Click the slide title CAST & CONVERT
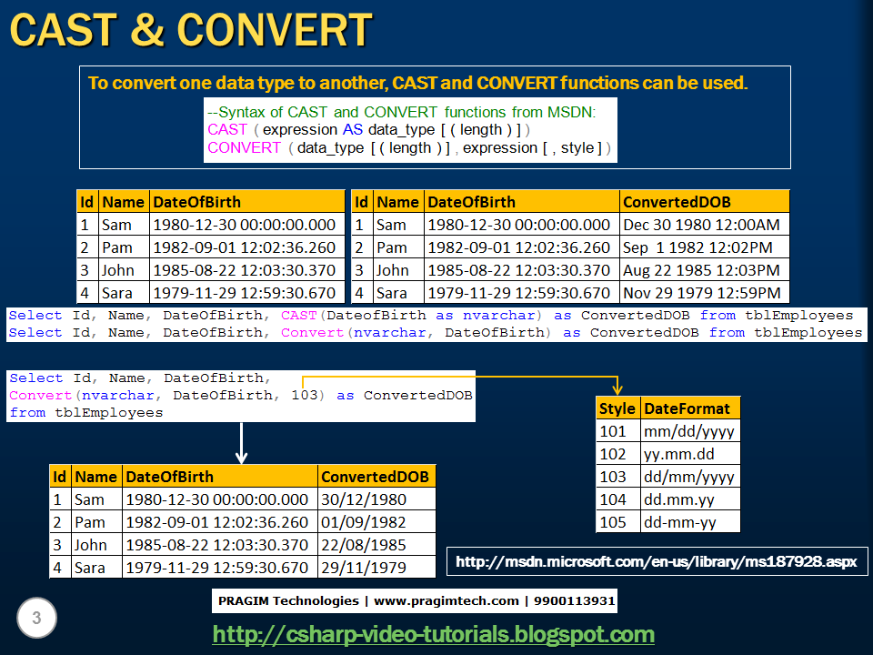(x=191, y=30)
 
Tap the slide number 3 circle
(x=36, y=620)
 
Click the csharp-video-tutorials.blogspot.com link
(x=433, y=634)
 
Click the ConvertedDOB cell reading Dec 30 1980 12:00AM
(x=701, y=225)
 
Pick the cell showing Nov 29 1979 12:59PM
(x=701, y=293)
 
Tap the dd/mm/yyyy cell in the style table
(x=688, y=477)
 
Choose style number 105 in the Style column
(x=613, y=522)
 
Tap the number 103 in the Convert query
(x=305, y=396)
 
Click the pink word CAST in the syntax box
(x=227, y=130)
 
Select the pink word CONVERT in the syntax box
(x=245, y=147)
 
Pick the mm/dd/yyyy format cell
(x=688, y=431)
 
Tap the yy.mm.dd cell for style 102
(x=678, y=454)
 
